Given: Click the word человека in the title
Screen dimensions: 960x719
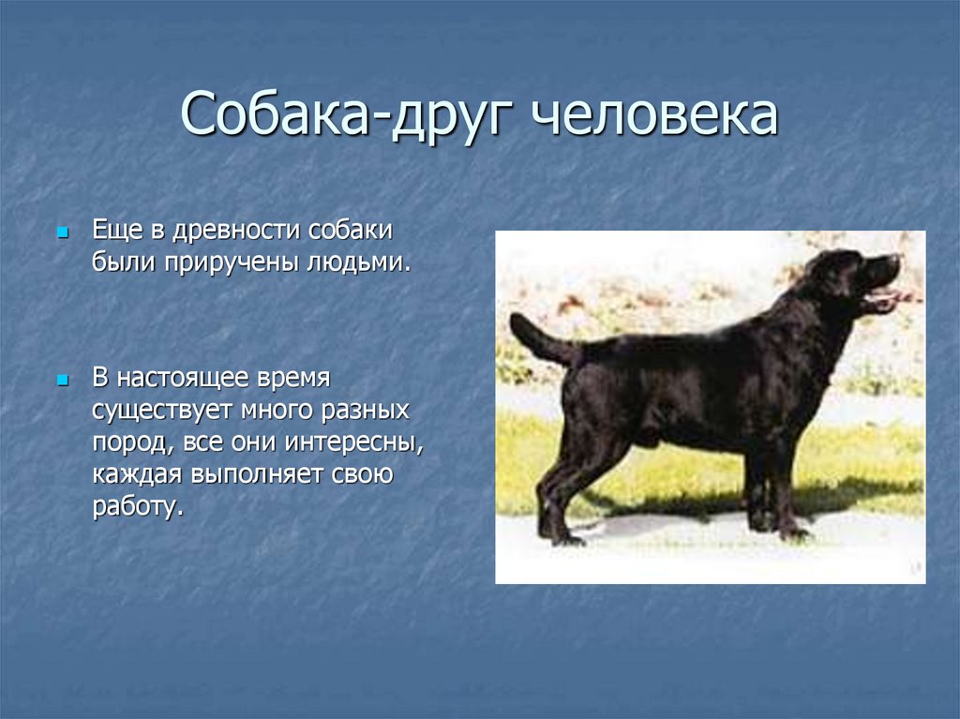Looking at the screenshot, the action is pos(653,114).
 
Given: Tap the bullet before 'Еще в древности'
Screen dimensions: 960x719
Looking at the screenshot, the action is pos(62,232).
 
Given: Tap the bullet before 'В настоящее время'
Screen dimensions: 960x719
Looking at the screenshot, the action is pos(62,381).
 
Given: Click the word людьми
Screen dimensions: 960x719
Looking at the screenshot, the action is pos(358,262).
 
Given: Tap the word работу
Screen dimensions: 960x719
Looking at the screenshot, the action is pos(138,507).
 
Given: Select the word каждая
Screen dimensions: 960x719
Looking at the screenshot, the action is pos(137,475).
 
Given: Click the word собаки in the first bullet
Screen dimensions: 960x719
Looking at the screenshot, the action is pos(351,231).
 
